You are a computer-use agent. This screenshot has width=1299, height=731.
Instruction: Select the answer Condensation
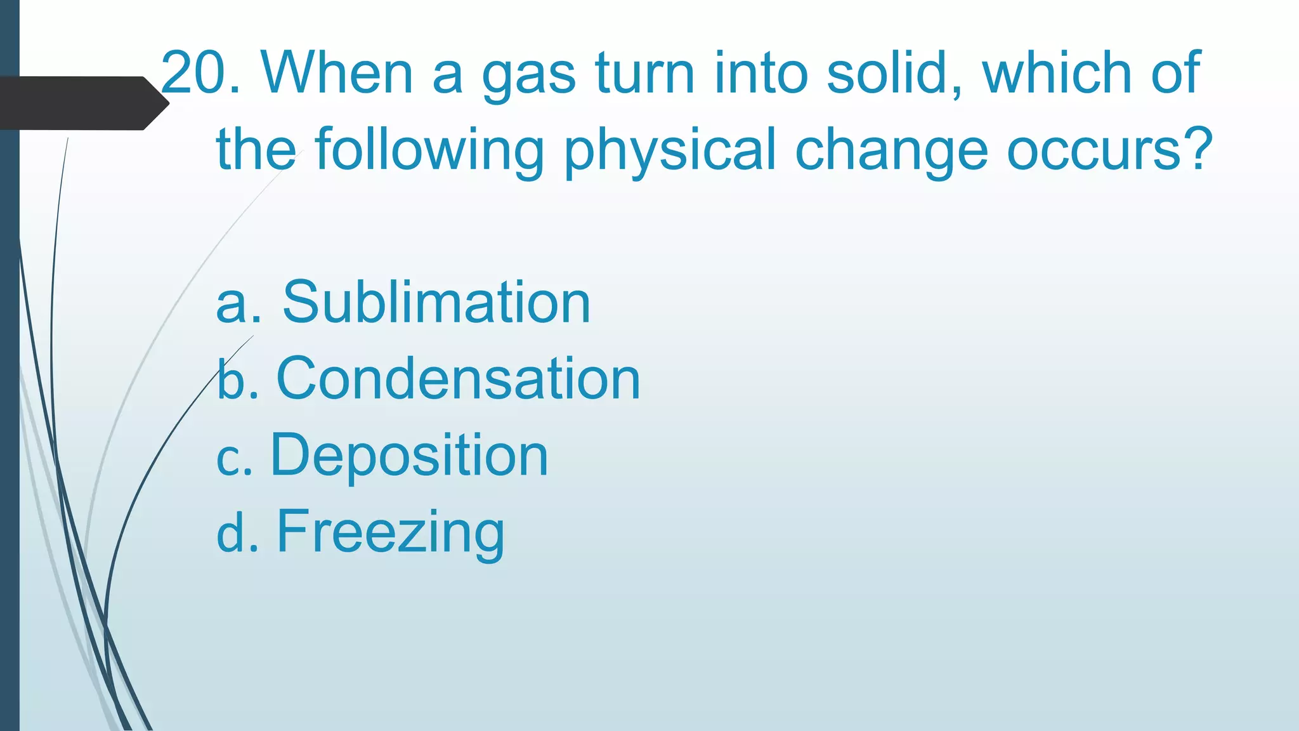(x=458, y=379)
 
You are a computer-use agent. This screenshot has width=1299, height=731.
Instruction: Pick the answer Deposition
(x=409, y=455)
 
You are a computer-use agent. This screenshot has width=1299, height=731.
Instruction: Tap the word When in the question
(x=337, y=73)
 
